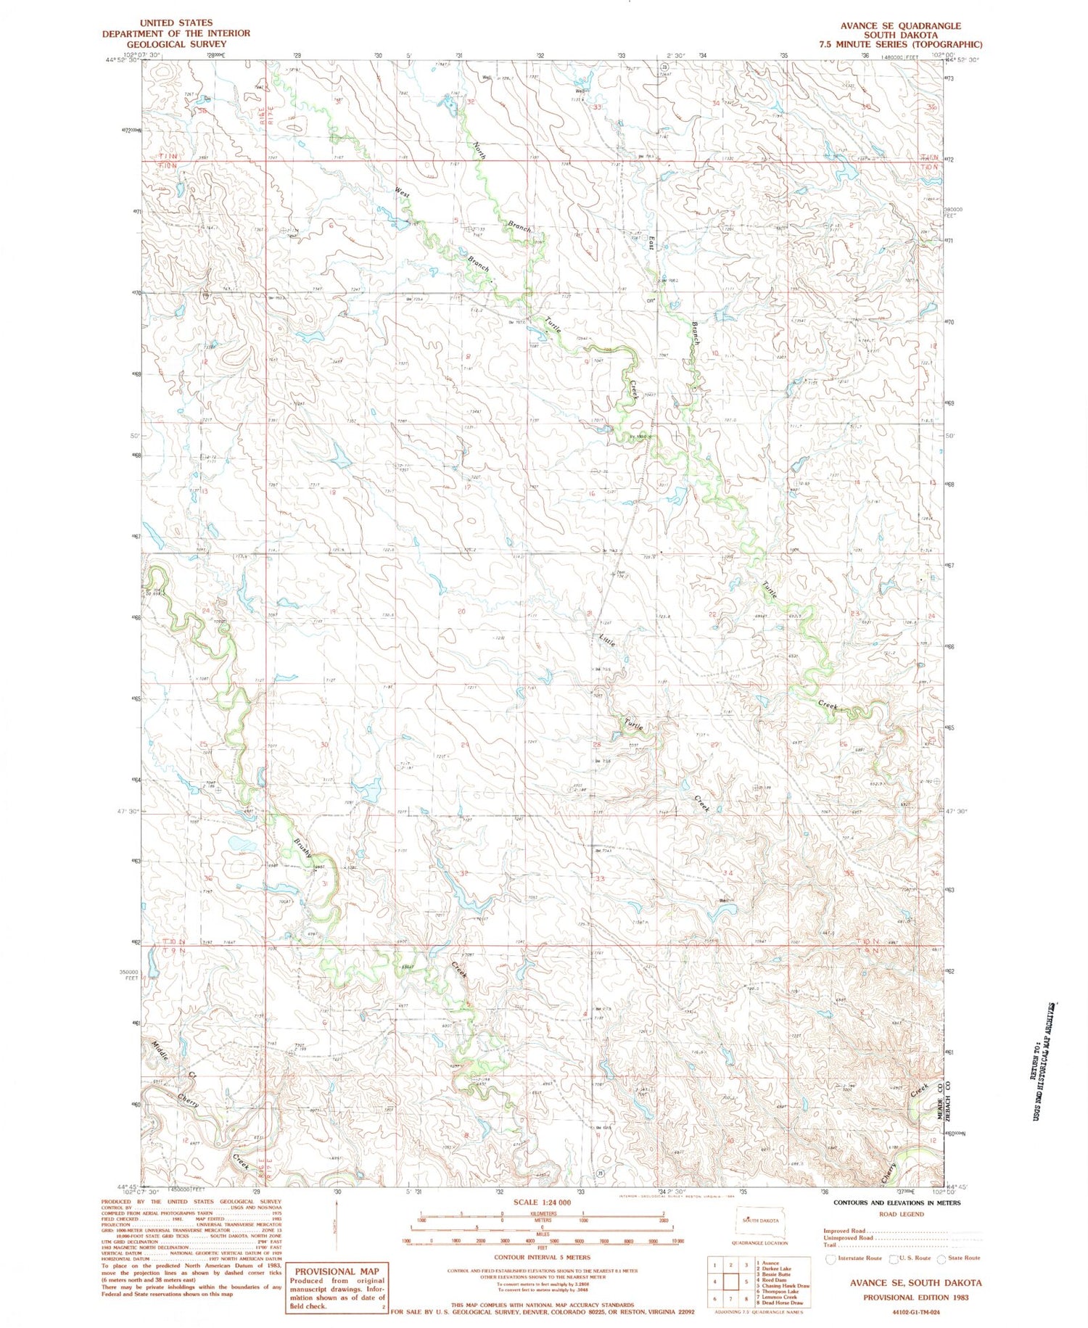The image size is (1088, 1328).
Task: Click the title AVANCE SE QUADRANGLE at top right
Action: tap(899, 25)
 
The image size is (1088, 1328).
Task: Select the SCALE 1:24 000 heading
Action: tap(541, 1202)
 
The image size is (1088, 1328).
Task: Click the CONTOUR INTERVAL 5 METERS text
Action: tap(542, 1257)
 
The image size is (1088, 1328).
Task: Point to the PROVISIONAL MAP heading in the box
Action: tap(337, 1271)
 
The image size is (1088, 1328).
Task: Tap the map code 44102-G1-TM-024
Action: tap(915, 1311)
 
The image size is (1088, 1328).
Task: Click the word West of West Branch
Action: tap(403, 194)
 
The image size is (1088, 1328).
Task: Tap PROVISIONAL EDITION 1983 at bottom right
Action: tap(915, 1298)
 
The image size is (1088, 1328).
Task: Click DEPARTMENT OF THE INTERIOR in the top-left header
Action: tap(176, 33)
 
